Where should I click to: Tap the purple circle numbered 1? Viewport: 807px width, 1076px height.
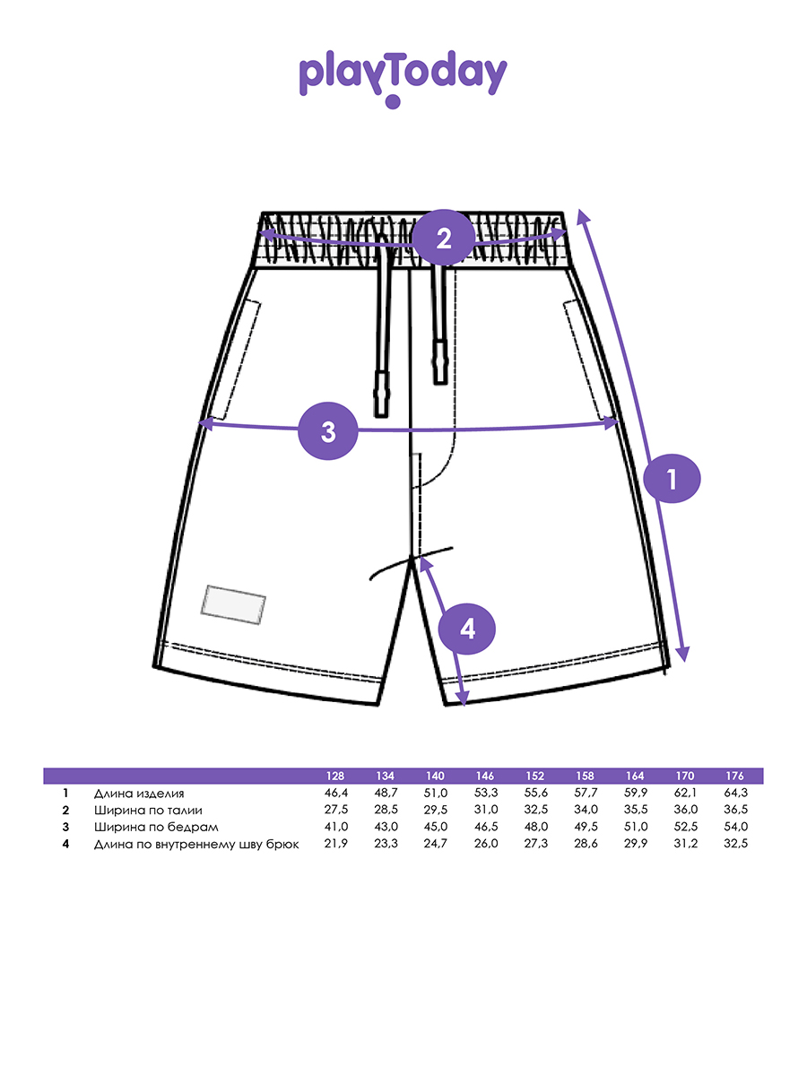pyautogui.click(x=672, y=479)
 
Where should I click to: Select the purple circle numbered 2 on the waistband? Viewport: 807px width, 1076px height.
pyautogui.click(x=443, y=239)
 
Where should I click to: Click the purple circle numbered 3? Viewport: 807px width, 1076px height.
pyautogui.click(x=328, y=431)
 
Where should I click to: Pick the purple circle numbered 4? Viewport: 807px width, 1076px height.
pyautogui.click(x=466, y=629)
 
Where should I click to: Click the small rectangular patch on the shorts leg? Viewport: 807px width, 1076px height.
pyautogui.click(x=233, y=604)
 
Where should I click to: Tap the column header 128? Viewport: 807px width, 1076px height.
pyautogui.click(x=335, y=776)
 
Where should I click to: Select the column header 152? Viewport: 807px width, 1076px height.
pyautogui.click(x=534, y=776)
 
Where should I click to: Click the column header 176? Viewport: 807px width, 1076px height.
pyautogui.click(x=734, y=776)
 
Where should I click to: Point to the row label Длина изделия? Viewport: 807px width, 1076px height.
pyautogui.click(x=139, y=794)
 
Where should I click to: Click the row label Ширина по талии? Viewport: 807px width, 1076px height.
pyautogui.click(x=148, y=810)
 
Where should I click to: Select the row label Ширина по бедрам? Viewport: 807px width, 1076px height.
pyautogui.click(x=156, y=827)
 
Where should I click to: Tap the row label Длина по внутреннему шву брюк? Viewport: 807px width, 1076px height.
pyautogui.click(x=196, y=844)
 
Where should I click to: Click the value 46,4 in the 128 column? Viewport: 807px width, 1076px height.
pyautogui.click(x=336, y=793)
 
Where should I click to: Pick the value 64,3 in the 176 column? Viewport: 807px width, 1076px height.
pyautogui.click(x=736, y=793)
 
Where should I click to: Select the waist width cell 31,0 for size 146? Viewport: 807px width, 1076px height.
pyautogui.click(x=486, y=810)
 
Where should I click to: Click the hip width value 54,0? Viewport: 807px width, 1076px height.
pyautogui.click(x=736, y=827)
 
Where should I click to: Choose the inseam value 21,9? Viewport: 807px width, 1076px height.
pyautogui.click(x=336, y=843)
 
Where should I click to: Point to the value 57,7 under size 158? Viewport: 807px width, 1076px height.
pyautogui.click(x=586, y=793)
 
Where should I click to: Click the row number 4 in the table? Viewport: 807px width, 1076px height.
pyautogui.click(x=65, y=844)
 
